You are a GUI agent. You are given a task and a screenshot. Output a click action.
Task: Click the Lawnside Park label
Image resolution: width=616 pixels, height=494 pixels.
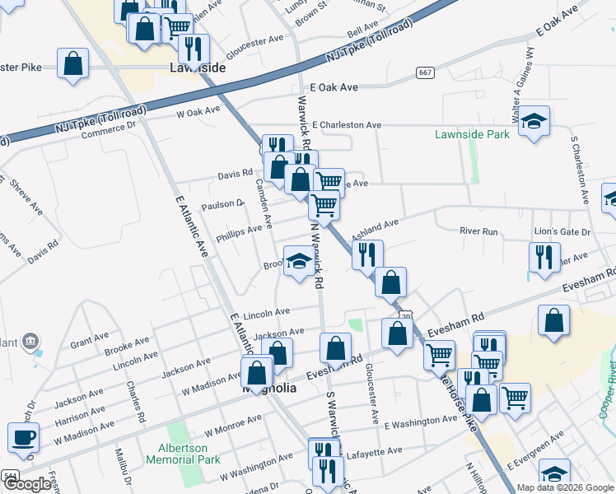click(472, 134)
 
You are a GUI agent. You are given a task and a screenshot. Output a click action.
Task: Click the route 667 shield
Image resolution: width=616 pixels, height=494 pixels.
click(425, 72)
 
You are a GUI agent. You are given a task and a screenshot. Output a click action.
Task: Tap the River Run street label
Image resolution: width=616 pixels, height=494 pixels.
click(478, 232)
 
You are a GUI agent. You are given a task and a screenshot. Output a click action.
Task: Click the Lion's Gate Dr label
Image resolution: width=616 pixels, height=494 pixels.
click(562, 233)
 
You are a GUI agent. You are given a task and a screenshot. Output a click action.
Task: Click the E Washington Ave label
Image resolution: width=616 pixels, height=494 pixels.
click(420, 419)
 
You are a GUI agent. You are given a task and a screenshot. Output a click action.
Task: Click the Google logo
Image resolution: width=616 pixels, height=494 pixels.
click(28, 485)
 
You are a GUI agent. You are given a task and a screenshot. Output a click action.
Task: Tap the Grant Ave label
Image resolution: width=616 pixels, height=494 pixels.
click(90, 338)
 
